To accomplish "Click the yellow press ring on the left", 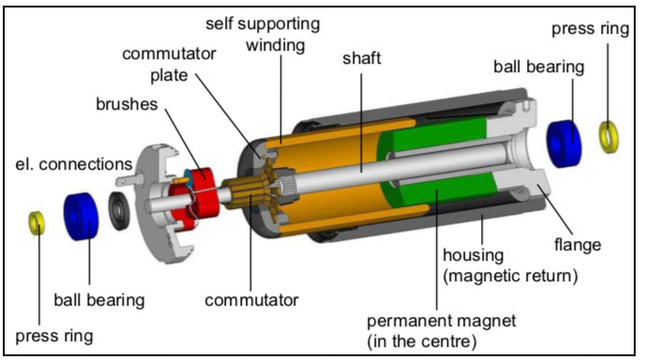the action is point(37,222).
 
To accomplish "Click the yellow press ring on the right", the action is point(608,137).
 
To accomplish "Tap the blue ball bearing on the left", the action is point(82,216).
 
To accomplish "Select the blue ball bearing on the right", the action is point(563,143).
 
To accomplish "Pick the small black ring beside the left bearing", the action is point(119,211).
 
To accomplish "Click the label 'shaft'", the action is point(362,58).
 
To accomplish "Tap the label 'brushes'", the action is point(127,104).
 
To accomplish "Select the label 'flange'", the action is point(577,245).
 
